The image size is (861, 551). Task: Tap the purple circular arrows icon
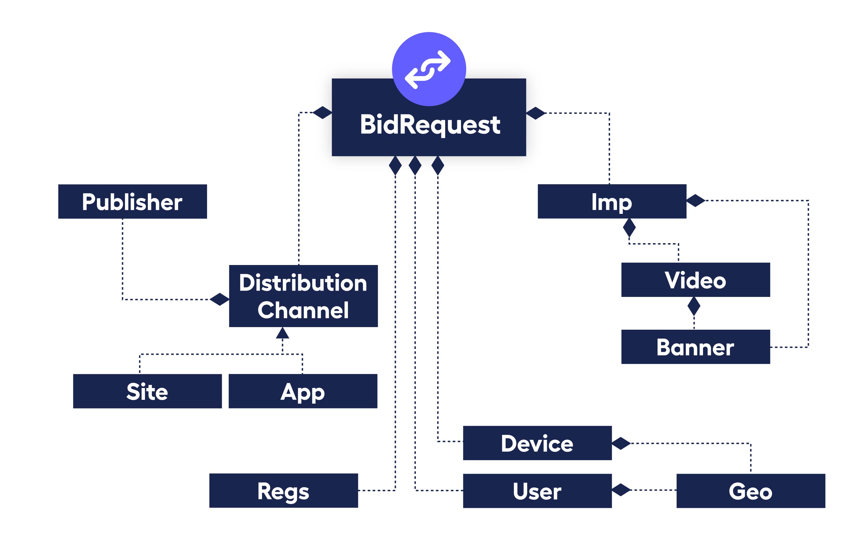click(429, 69)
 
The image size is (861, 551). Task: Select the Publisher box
click(132, 201)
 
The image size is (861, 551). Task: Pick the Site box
click(147, 391)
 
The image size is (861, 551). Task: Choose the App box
click(303, 391)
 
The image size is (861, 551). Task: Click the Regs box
click(283, 491)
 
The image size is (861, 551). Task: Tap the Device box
click(537, 443)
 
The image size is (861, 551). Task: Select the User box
click(537, 491)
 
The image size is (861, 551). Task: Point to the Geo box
click(751, 491)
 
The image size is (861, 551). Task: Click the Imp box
click(612, 201)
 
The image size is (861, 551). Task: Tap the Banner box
click(696, 347)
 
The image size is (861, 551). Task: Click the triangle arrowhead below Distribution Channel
click(282, 333)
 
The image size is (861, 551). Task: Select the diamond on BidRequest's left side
click(322, 112)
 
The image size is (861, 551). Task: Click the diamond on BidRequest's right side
click(536, 113)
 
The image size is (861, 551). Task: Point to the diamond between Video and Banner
click(694, 306)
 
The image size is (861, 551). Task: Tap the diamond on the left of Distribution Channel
click(219, 299)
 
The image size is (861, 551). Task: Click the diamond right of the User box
click(621, 490)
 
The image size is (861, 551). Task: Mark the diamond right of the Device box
click(621, 443)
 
